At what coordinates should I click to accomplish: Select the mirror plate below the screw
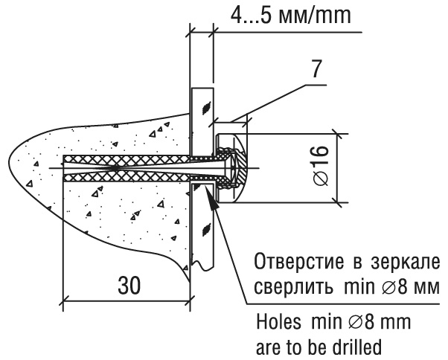click(202, 231)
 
